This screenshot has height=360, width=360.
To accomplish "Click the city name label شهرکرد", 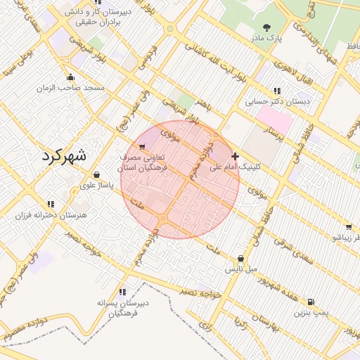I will pyautogui.click(x=63, y=155).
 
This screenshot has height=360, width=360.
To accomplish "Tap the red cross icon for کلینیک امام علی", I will pyautogui.click(x=234, y=156).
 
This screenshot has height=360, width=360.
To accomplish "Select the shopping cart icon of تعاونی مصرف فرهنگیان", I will pyautogui.click(x=143, y=148).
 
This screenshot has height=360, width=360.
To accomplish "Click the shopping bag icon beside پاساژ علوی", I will pyautogui.click(x=96, y=175).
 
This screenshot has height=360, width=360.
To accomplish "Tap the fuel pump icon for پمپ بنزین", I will pyautogui.click(x=311, y=301).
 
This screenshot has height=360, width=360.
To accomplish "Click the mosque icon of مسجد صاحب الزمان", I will pyautogui.click(x=70, y=77).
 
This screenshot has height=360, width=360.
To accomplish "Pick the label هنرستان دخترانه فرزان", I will pyautogui.click(x=49, y=214).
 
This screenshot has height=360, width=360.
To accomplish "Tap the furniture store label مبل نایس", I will pyautogui.click(x=242, y=269).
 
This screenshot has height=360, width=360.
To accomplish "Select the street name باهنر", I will pyautogui.click(x=205, y=104).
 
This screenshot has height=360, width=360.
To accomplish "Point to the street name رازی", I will pyautogui.click(x=205, y=324).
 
